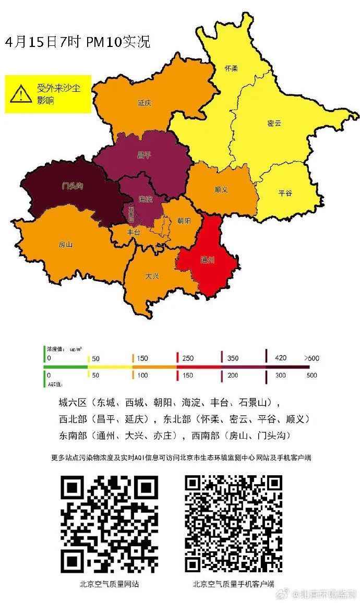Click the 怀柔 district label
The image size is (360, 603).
(x=231, y=68)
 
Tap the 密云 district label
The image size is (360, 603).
(x=274, y=123)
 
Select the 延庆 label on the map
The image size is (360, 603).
(x=145, y=103)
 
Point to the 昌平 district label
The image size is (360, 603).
(x=143, y=155)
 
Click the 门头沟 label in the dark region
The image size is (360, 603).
(x=73, y=186)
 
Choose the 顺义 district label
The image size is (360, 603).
(x=221, y=189)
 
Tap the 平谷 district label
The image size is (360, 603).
(x=285, y=192)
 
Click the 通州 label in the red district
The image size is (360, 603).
(x=208, y=259)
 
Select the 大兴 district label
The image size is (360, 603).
(x=152, y=276)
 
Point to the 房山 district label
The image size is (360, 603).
(x=66, y=244)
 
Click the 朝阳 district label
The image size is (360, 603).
(x=184, y=221)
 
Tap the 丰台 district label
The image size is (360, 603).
(x=134, y=233)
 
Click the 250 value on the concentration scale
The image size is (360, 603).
(x=187, y=358)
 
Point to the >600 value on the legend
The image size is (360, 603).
(x=311, y=358)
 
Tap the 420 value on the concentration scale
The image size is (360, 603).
(x=281, y=358)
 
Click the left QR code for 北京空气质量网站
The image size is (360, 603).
(x=109, y=523)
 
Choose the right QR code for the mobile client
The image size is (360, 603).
(x=233, y=523)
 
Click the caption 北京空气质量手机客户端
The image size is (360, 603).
(x=233, y=584)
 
